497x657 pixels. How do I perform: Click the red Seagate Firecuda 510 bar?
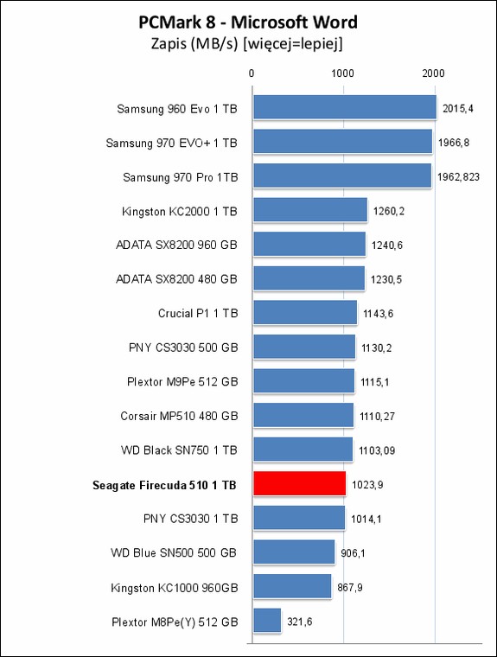click(x=300, y=483)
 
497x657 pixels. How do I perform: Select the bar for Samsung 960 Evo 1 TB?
click(x=345, y=107)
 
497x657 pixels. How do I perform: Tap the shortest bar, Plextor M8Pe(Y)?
click(x=267, y=620)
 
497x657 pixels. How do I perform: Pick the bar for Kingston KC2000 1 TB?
click(x=310, y=209)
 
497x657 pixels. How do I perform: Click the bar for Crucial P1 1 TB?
click(x=305, y=312)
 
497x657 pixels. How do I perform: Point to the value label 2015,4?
click(x=458, y=109)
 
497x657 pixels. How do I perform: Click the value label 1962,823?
click(x=458, y=177)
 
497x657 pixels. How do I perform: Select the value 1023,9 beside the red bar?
click(x=367, y=485)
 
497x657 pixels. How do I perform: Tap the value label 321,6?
click(x=300, y=622)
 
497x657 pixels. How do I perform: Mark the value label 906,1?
click(x=353, y=553)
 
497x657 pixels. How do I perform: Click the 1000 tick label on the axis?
click(x=343, y=73)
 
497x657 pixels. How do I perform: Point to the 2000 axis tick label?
click(x=433, y=73)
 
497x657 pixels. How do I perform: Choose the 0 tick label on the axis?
click(x=252, y=73)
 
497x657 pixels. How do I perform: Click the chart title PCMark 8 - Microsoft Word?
click(x=248, y=22)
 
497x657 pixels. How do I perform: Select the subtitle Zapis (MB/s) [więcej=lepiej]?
click(x=247, y=43)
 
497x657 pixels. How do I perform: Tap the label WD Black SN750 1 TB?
click(x=180, y=450)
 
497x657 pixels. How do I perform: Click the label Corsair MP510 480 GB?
click(x=180, y=416)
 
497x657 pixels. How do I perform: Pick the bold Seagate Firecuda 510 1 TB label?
click(x=164, y=485)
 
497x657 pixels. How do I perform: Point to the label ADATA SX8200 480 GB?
click(x=177, y=279)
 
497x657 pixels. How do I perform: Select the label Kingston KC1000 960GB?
click(x=175, y=588)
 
